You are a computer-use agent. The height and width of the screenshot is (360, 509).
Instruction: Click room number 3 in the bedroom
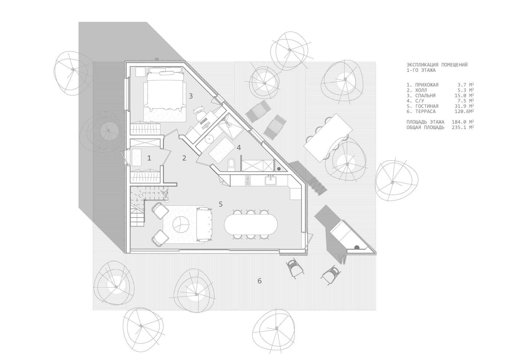(191, 96)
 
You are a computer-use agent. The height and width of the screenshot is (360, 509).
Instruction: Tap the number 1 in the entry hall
(149, 158)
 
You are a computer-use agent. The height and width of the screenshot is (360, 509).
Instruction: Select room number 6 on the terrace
(260, 281)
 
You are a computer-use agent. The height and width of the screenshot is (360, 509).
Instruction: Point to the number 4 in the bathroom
(239, 148)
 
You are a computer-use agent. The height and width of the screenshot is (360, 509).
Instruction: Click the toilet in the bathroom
(232, 164)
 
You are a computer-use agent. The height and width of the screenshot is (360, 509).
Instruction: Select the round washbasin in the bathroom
(209, 139)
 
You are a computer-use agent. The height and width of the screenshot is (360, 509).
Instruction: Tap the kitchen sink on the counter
(271, 181)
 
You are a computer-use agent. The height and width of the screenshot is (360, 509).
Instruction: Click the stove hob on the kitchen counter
(248, 180)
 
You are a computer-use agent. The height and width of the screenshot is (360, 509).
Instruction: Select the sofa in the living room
(204, 224)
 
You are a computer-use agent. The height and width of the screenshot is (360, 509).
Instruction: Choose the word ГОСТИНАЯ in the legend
(427, 106)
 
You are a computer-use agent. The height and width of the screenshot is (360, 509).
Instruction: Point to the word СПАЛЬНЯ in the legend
(425, 95)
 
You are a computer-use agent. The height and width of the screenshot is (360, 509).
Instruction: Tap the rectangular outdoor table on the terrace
(328, 138)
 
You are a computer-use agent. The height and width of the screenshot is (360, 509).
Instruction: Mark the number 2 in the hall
(184, 158)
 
